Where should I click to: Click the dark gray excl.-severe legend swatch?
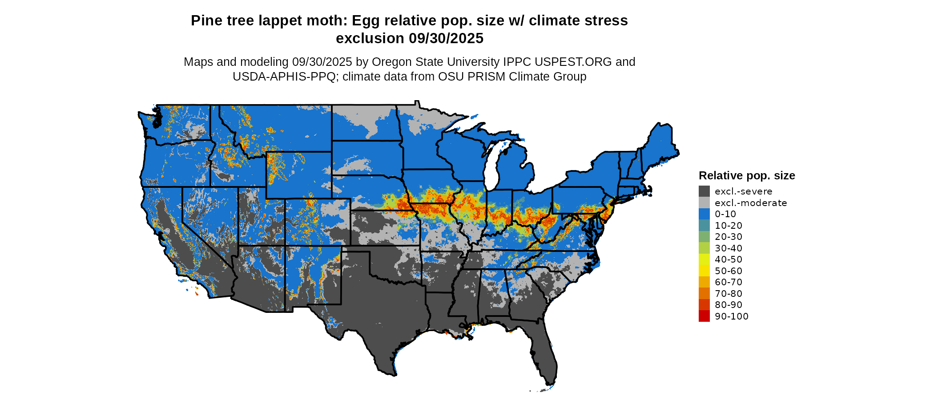(704, 191)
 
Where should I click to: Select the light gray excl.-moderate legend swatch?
(704, 203)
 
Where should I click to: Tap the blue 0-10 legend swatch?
(704, 214)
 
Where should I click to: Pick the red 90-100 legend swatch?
(704, 316)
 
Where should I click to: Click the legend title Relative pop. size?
(747, 175)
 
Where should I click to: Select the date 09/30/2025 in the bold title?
(446, 38)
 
